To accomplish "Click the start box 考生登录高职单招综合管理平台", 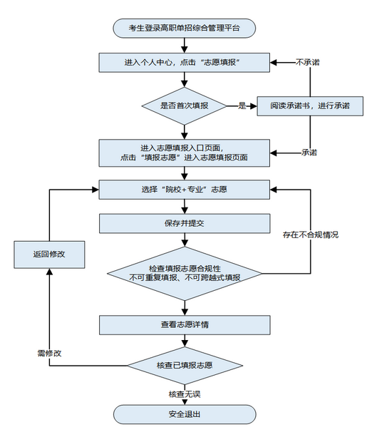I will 184,28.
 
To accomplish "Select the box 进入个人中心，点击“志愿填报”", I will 184,63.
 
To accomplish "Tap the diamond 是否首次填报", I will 185,106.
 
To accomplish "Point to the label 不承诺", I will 307,63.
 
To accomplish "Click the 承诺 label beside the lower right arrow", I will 309,152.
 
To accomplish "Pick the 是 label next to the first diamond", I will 242,106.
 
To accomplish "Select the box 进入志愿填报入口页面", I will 184,151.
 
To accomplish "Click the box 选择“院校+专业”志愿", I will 184,189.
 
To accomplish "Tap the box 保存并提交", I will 184,223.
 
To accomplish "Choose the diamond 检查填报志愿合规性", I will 185,272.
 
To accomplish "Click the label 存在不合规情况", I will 310,235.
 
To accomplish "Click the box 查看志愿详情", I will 184,325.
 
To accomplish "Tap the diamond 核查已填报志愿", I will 185,366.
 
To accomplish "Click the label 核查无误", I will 184,394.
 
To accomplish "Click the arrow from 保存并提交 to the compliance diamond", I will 185,240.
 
